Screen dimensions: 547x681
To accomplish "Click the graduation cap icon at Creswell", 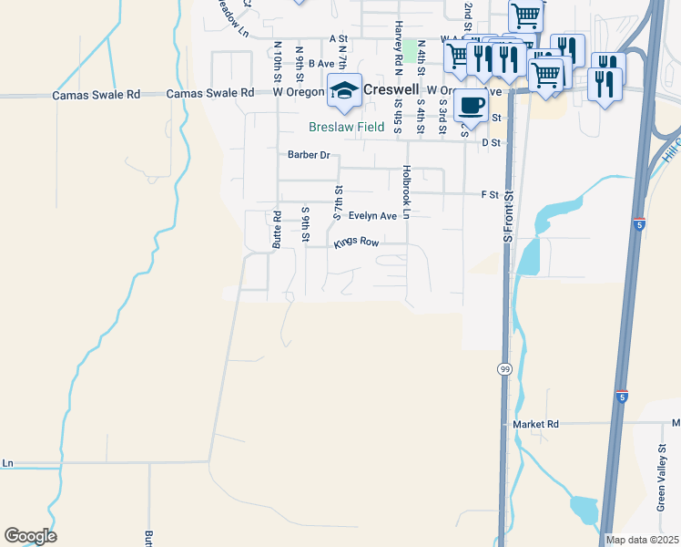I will point(344,89).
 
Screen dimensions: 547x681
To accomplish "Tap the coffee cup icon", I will point(470,104).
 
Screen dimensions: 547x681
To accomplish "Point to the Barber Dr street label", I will point(308,155).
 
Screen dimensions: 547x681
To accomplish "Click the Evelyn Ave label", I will point(372,216).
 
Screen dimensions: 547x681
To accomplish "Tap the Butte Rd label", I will point(277,230).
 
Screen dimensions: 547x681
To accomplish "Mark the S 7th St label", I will point(337,203).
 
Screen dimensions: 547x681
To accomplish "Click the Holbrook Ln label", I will point(407,191).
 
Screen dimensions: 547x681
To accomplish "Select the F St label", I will point(490,194).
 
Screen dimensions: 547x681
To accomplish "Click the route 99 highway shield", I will point(503,368).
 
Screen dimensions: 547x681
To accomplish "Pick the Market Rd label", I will point(534,425).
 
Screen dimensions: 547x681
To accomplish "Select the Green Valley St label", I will point(662,474).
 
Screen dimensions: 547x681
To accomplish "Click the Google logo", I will point(30,536).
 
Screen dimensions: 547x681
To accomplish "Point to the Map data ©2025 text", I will point(642,540).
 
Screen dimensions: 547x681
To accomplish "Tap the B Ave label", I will point(321,64).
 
